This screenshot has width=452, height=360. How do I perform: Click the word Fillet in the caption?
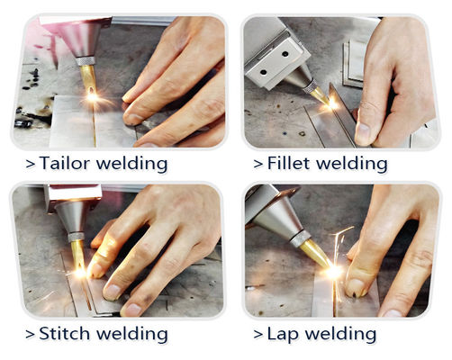click(290, 164)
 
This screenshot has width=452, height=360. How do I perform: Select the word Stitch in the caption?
click(63, 333)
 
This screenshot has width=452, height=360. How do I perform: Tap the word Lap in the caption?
click(284, 333)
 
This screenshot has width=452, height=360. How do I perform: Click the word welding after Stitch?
click(131, 334)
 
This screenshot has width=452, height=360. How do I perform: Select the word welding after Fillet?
click(352, 164)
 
